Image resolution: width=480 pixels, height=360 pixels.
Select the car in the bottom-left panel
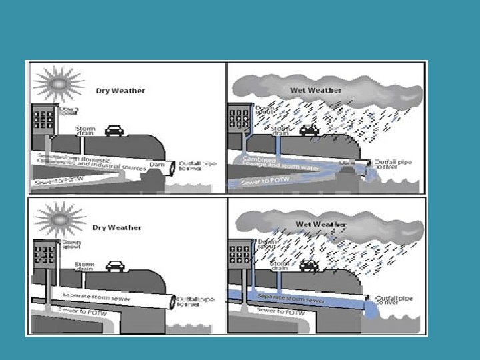point(115,266)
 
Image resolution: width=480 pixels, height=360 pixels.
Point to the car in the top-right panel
point(309,131)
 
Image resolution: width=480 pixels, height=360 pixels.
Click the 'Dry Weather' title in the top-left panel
point(120,91)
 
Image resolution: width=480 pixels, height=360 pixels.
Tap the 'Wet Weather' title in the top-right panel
point(316,90)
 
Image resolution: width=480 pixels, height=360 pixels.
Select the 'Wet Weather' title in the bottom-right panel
point(321,225)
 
